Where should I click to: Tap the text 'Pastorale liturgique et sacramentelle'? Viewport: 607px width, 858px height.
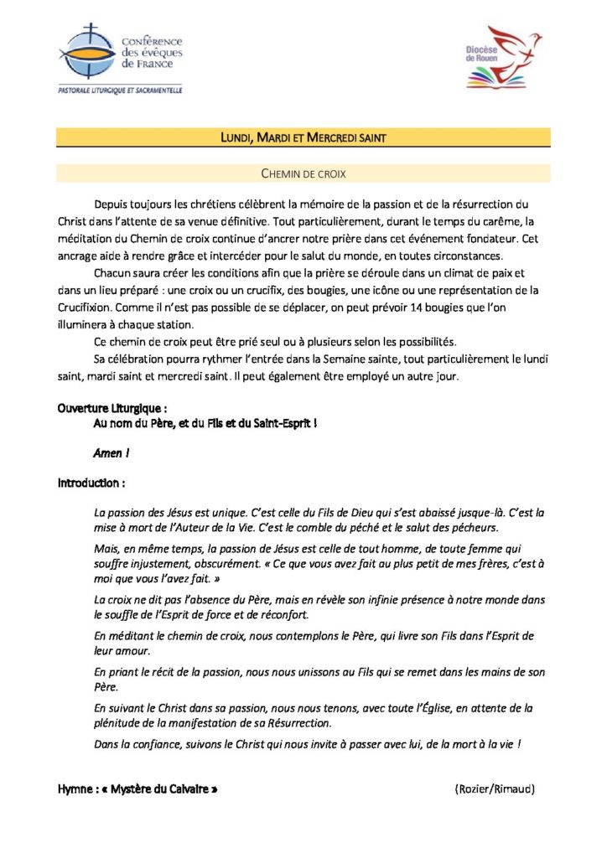120,90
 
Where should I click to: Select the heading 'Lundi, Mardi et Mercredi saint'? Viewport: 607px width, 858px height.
303,137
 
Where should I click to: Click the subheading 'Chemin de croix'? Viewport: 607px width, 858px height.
303,173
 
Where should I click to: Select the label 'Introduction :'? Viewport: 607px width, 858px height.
92,483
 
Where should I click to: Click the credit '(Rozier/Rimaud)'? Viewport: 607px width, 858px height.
495,789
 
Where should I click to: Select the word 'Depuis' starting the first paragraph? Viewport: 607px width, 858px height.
112,204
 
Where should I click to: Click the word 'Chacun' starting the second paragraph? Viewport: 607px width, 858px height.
113,273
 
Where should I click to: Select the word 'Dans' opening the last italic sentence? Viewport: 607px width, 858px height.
107,743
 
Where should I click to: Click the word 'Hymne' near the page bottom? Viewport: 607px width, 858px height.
75,789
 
